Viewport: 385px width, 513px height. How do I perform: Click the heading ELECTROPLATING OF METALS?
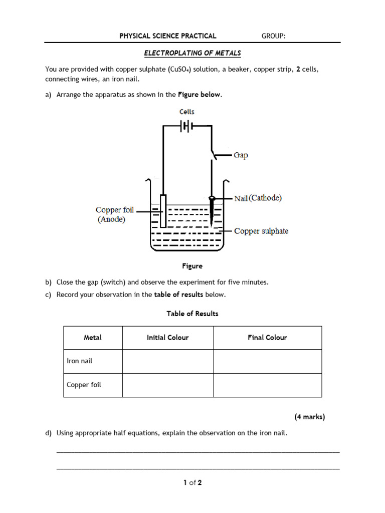point(192,53)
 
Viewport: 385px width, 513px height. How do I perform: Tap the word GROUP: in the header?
point(274,36)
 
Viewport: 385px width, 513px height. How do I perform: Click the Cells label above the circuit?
point(186,112)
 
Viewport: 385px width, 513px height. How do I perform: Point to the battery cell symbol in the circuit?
point(186,126)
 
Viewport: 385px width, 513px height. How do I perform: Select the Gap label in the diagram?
point(241,155)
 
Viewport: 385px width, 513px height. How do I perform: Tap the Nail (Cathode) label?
point(258,198)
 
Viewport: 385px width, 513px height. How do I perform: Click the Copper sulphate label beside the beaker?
point(261,231)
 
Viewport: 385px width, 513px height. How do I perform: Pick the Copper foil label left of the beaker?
point(115,210)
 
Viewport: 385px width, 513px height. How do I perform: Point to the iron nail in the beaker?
point(213,210)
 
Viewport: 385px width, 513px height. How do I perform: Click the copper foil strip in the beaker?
point(162,210)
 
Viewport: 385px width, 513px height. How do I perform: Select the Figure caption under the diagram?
point(192,266)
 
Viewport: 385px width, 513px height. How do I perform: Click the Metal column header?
point(93,338)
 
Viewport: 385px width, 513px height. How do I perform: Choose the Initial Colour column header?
point(167,338)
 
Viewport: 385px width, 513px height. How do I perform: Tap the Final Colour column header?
point(267,338)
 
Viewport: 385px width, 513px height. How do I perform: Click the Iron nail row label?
point(80,361)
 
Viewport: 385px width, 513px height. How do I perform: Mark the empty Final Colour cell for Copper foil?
point(267,385)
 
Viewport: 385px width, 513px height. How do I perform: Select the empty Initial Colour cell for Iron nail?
point(167,361)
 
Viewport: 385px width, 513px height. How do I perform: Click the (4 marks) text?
point(309,416)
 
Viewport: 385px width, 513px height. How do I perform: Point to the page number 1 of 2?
point(192,483)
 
